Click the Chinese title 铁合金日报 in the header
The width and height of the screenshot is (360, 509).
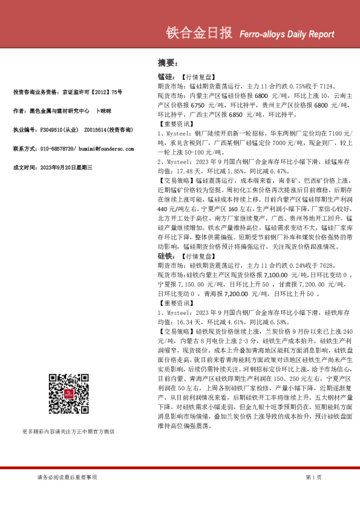pos(199,34)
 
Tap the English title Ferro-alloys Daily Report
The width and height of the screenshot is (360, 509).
pos(283,34)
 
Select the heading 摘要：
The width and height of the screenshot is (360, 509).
pos(167,63)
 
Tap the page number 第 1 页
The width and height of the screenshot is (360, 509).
pos(314,478)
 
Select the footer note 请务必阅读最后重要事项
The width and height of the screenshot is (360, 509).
pos(67,478)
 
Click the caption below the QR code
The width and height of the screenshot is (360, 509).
pos(68,432)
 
